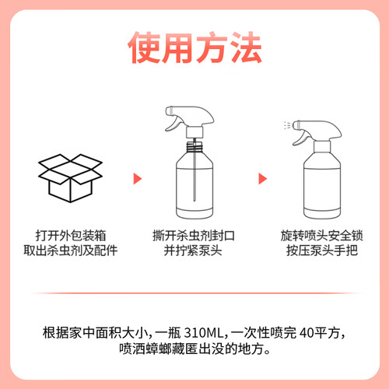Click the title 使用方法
(x=194, y=47)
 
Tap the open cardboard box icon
(x=70, y=178)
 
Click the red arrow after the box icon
(x=138, y=179)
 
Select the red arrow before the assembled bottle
(x=263, y=179)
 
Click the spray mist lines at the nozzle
(x=287, y=125)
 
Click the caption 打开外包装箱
(x=71, y=236)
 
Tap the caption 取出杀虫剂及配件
(x=71, y=251)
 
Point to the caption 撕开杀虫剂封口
(x=194, y=236)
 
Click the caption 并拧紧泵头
(x=193, y=251)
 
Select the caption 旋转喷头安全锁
(x=321, y=236)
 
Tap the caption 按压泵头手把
(x=322, y=251)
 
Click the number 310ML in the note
(x=204, y=333)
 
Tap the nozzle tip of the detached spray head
(x=169, y=110)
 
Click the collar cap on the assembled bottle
(x=322, y=147)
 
